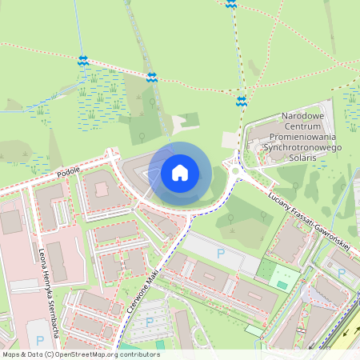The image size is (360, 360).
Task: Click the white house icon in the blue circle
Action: coord(180,173)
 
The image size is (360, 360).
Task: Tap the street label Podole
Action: coord(70,171)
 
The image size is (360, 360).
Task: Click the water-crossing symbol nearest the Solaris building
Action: coord(242,101)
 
